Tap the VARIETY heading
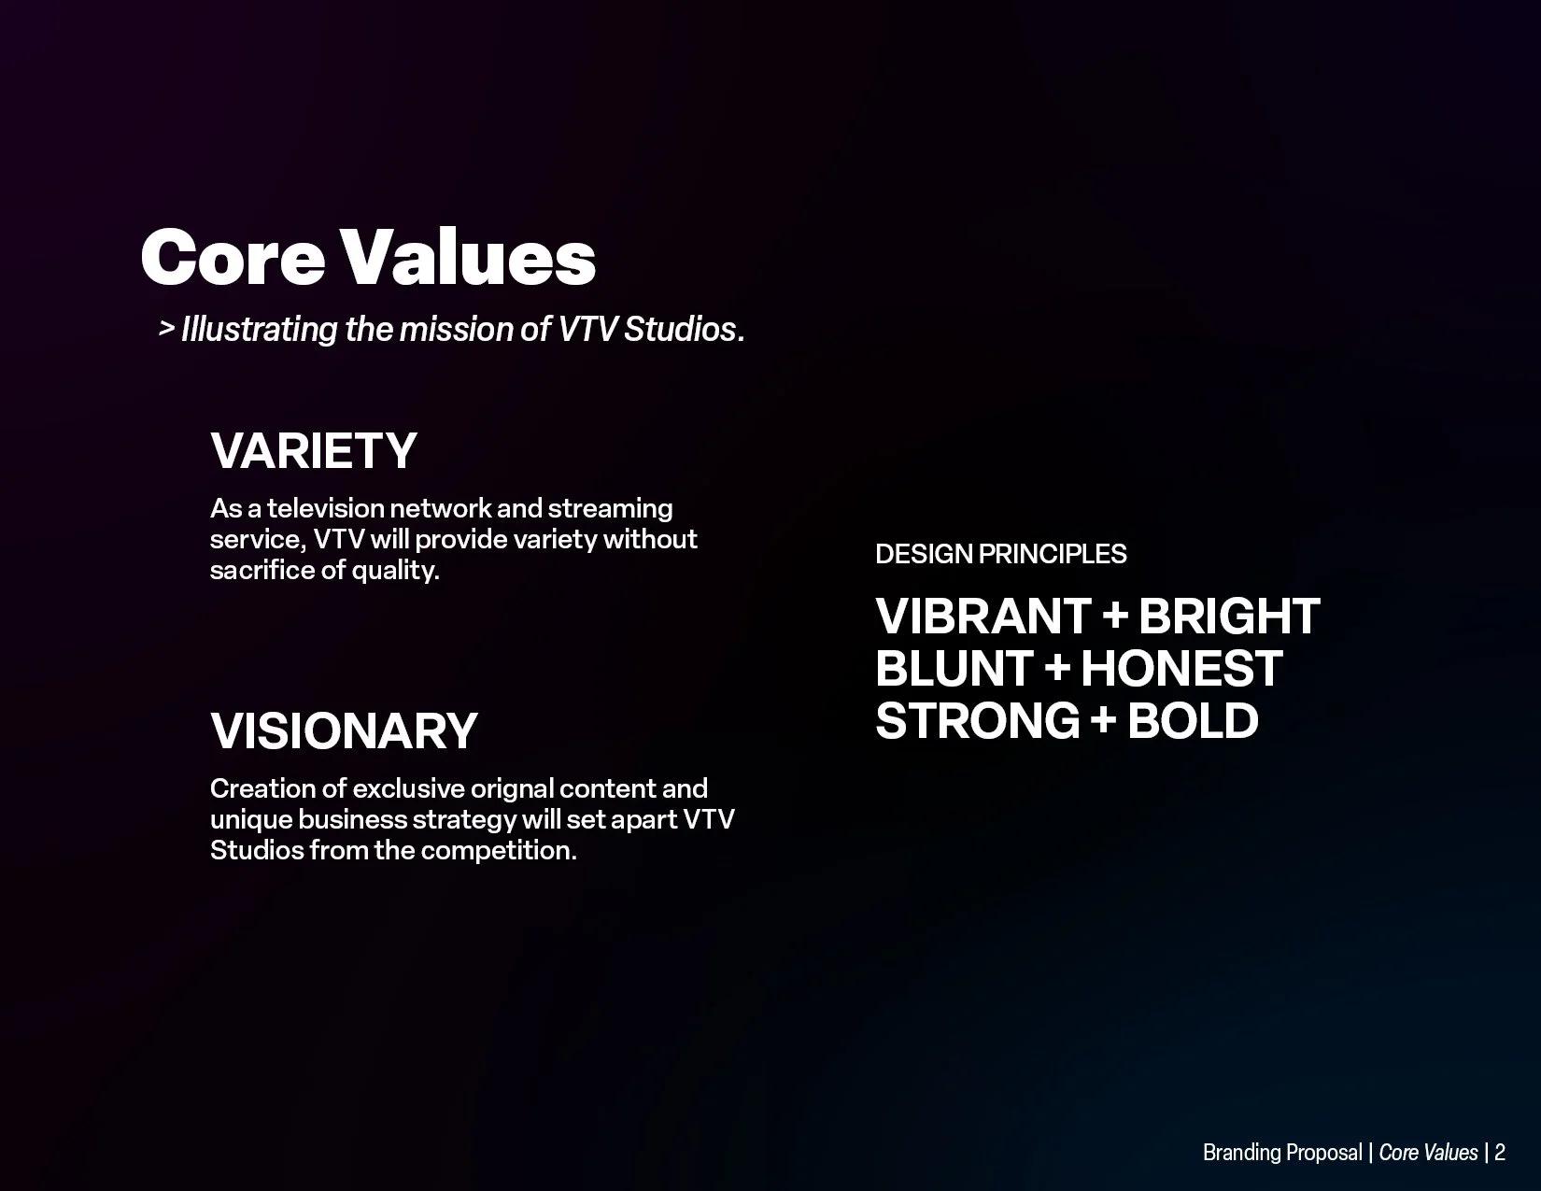click(x=314, y=450)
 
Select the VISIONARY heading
click(x=344, y=730)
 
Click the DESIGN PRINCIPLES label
click(x=1000, y=554)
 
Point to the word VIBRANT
click(x=983, y=617)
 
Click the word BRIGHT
click(x=1228, y=617)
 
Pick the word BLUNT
click(x=953, y=669)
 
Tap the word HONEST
click(x=1180, y=669)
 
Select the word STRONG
click(x=977, y=721)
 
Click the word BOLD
click(x=1193, y=721)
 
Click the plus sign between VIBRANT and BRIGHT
click(x=1114, y=617)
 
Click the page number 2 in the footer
click(x=1500, y=1153)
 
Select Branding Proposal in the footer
click(x=1281, y=1153)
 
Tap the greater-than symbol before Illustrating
click(x=166, y=329)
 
